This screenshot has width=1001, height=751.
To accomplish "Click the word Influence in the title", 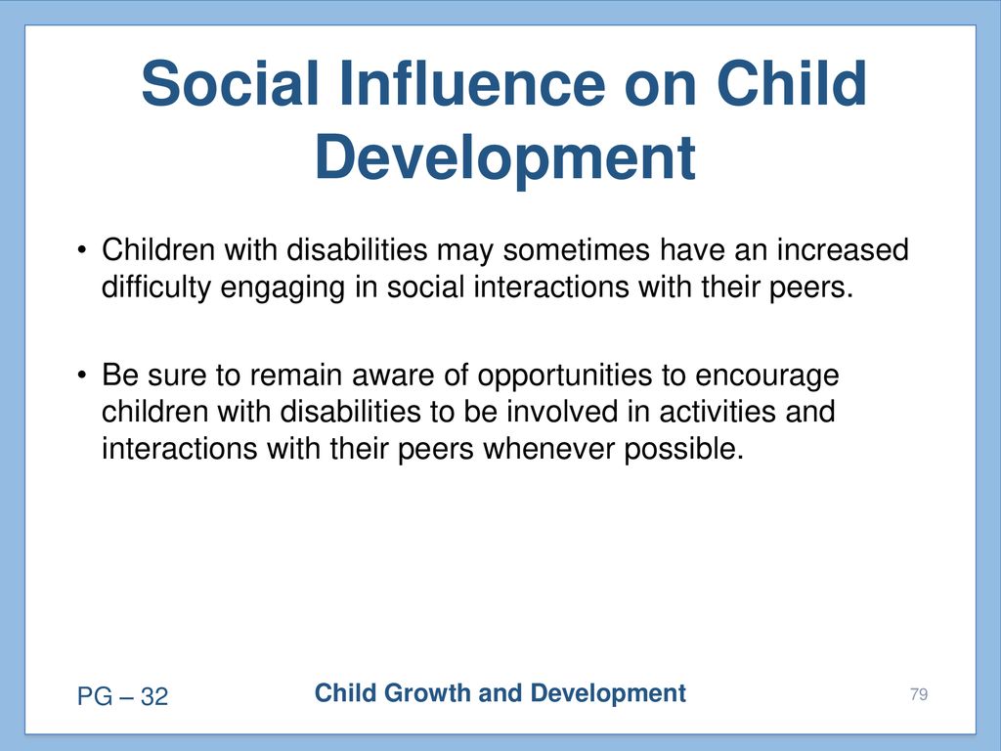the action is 472,83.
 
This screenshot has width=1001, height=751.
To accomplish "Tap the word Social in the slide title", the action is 230,83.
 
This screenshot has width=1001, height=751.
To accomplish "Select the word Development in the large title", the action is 505,158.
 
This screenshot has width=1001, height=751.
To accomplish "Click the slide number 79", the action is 919,694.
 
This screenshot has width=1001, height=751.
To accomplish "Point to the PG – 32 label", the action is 122,696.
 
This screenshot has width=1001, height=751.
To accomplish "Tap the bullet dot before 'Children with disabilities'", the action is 81,249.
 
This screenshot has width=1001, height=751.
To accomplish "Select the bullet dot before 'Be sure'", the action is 81,375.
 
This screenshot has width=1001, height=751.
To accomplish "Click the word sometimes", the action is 576,249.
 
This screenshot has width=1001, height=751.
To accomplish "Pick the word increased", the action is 843,249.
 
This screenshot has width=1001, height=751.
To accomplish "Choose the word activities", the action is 717,412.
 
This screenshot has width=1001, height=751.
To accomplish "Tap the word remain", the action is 295,375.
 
